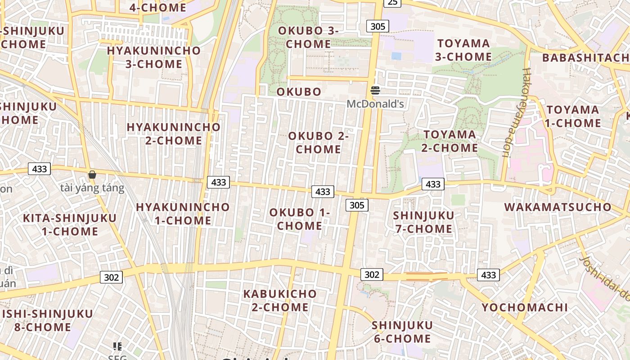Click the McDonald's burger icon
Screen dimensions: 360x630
(x=375, y=90)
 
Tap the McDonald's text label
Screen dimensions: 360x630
(x=375, y=104)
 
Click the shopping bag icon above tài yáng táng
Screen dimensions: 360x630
(x=92, y=175)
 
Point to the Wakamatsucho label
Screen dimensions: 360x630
(x=558, y=207)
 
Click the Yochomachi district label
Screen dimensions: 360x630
(x=525, y=307)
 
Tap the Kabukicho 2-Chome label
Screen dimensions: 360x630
(x=280, y=301)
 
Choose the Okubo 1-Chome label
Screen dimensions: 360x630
(x=300, y=219)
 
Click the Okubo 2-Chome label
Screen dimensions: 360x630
(x=319, y=142)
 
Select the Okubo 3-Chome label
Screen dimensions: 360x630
(x=308, y=37)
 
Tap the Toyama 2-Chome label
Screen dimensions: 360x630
(x=450, y=141)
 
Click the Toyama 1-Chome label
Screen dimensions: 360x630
(x=573, y=117)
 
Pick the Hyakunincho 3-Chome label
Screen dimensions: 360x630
(x=153, y=57)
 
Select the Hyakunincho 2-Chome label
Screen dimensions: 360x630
(x=174, y=134)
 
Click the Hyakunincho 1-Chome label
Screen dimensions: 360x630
(x=183, y=214)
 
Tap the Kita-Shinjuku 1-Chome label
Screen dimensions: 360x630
(x=70, y=225)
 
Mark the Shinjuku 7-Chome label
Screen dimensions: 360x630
(x=423, y=222)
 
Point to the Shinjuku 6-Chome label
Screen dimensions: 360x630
(x=402, y=332)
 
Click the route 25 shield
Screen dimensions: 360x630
(x=392, y=3)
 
